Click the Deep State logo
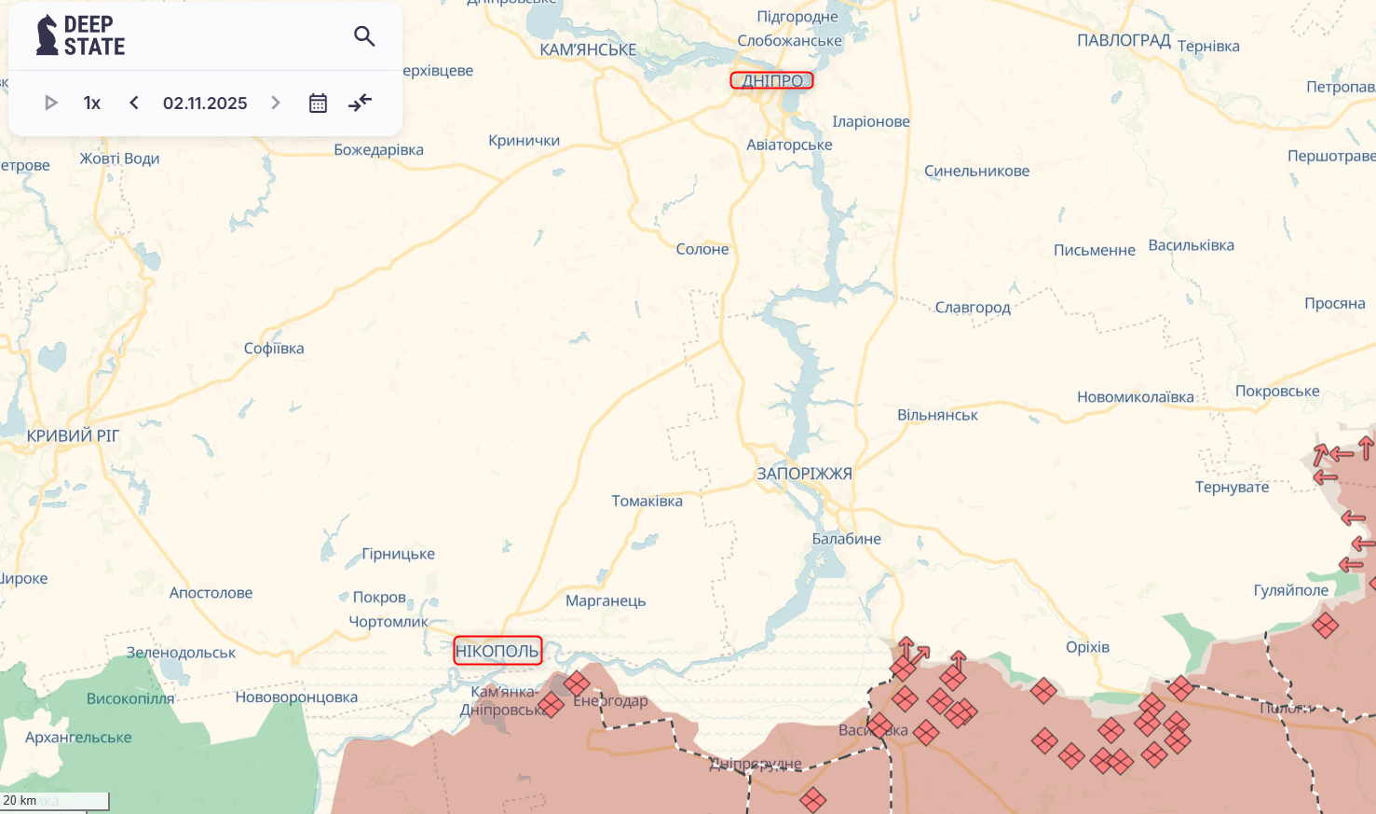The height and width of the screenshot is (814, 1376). click(80, 35)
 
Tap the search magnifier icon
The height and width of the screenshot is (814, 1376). click(364, 36)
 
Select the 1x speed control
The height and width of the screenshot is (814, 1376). click(91, 103)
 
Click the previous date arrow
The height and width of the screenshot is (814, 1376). click(134, 103)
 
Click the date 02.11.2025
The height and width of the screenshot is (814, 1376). click(205, 103)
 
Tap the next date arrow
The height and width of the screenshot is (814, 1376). click(276, 103)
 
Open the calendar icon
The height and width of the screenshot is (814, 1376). click(318, 103)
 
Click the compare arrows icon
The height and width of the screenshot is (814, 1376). click(360, 103)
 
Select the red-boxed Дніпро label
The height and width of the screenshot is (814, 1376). click(771, 81)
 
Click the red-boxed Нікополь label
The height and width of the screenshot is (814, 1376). click(497, 651)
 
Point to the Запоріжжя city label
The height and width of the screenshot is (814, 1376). click(804, 474)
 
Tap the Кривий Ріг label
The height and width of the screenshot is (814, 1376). click(73, 435)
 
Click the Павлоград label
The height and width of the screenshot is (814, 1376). click(1124, 40)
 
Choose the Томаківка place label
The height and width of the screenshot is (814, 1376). click(647, 501)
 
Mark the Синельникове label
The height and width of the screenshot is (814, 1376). click(976, 171)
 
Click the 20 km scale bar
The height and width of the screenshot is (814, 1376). click(54, 800)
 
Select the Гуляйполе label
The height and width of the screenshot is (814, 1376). click(1290, 589)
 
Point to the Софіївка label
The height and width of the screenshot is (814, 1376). click(274, 348)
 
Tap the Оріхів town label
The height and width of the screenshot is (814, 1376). click(1087, 647)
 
